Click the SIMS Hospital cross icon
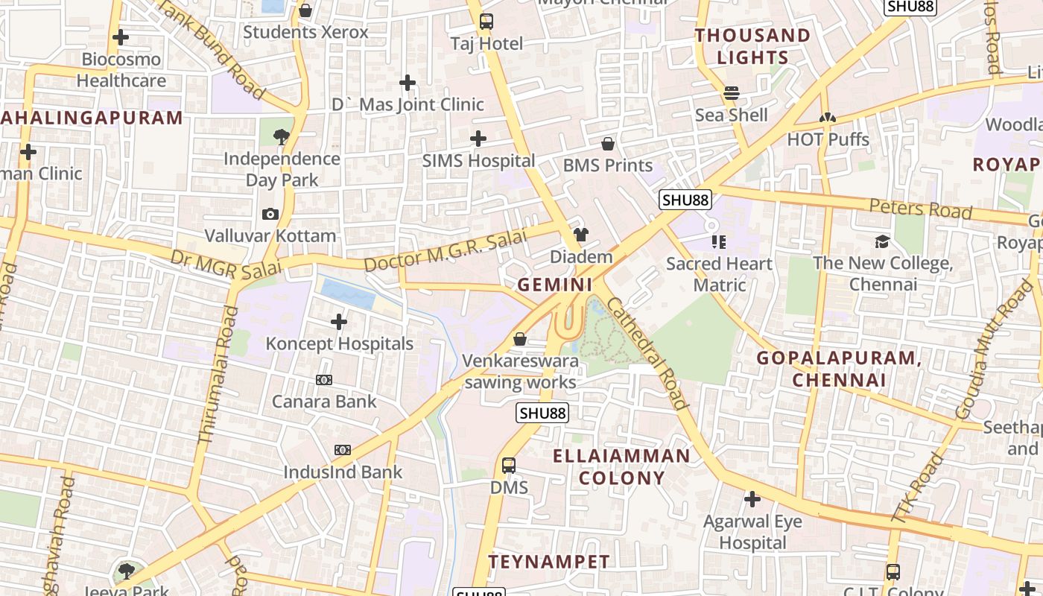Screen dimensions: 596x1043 click(478, 139)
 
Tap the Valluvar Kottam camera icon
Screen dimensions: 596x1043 click(270, 215)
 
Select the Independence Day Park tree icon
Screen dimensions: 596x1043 click(282, 136)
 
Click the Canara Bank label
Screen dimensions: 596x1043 click(324, 402)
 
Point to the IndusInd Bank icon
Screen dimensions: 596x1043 click(343, 450)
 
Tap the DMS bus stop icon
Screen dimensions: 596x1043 click(509, 466)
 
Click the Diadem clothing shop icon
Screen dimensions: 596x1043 click(581, 235)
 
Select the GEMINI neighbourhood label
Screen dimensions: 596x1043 click(555, 285)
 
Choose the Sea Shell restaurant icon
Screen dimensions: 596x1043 click(732, 93)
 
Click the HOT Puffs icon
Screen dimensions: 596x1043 click(827, 118)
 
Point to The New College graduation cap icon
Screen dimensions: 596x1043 click(883, 241)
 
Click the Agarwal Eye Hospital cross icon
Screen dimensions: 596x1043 click(752, 499)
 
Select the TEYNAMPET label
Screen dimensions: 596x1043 click(549, 562)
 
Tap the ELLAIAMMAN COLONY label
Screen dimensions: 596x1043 click(621, 466)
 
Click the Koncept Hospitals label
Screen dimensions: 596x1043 click(340, 344)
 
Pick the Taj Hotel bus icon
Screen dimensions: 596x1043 click(486, 22)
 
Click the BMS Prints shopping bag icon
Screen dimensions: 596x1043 click(608, 144)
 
